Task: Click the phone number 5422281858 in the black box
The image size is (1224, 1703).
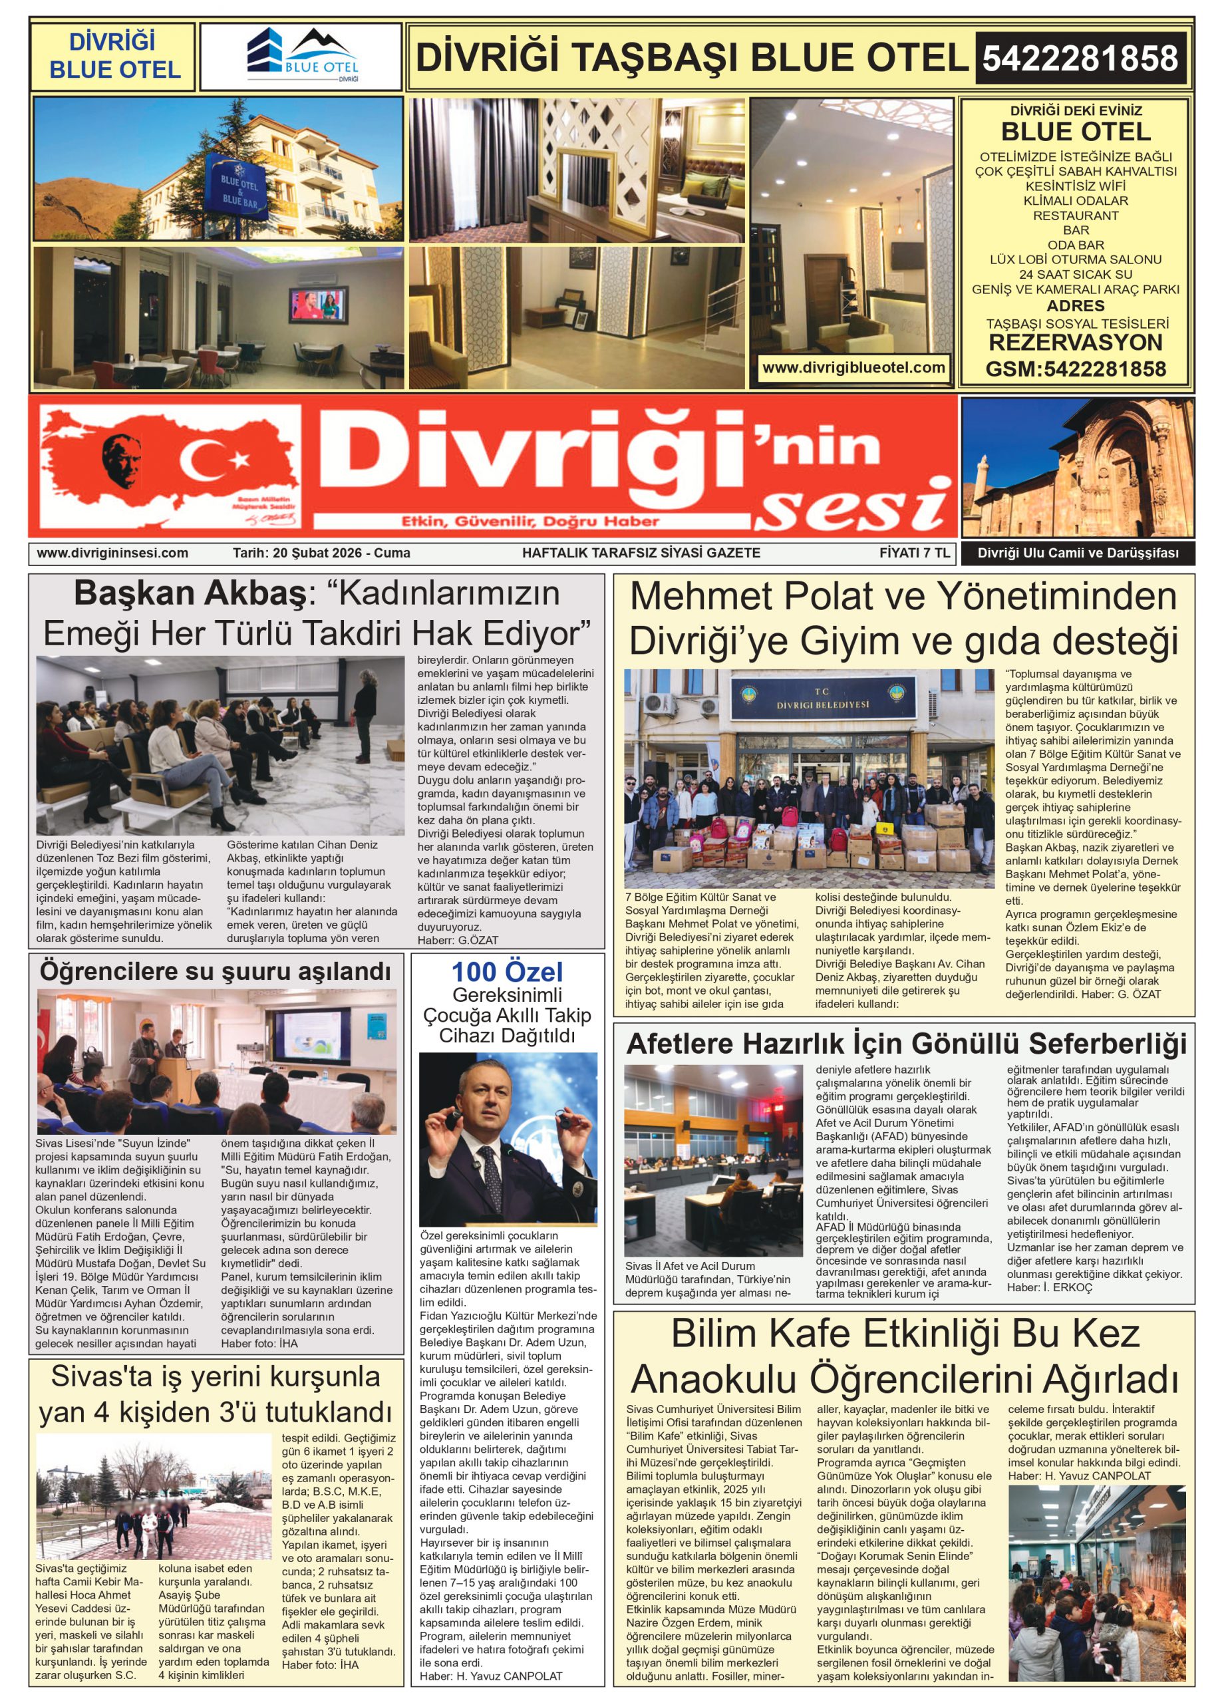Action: (1079, 59)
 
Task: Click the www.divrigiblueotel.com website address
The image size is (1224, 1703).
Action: (853, 368)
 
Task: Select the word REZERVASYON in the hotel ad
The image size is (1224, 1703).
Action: (1075, 343)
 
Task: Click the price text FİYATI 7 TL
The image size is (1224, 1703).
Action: (914, 553)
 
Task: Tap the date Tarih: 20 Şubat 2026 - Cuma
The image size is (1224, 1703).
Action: (321, 553)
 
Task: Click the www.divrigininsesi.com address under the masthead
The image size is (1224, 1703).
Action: (112, 553)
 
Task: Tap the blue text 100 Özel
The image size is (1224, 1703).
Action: (507, 973)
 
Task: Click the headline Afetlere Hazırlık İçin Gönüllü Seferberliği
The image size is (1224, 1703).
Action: (907, 1044)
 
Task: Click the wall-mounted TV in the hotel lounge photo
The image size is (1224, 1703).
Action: (319, 305)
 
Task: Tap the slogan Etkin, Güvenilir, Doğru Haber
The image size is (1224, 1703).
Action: (530, 521)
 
